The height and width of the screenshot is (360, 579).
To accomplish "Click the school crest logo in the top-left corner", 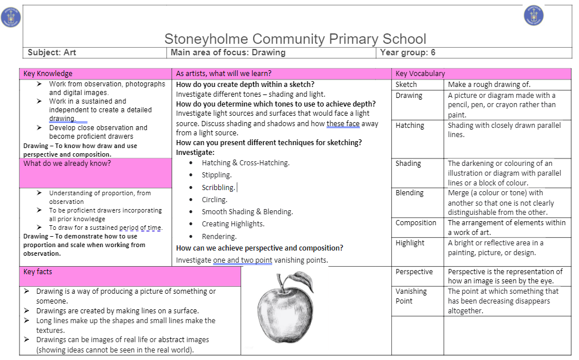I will pyautogui.click(x=12, y=18).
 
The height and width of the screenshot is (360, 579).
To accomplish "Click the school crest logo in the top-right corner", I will pyautogui.click(x=534, y=16).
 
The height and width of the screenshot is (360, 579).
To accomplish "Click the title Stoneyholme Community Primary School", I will pyautogui.click(x=295, y=39).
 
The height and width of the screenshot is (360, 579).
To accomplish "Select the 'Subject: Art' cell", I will pyautogui.click(x=52, y=52).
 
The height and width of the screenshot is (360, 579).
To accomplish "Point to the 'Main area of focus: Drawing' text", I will pyautogui.click(x=228, y=52).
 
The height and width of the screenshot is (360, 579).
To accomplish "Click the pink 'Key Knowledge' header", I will pyautogui.click(x=48, y=74).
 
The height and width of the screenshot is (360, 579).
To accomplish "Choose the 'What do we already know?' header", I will pyautogui.click(x=67, y=164).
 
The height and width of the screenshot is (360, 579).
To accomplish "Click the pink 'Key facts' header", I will pyautogui.click(x=38, y=272).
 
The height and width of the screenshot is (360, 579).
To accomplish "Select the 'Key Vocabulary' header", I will pyautogui.click(x=420, y=74).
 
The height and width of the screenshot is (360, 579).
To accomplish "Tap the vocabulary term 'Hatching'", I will pyautogui.click(x=410, y=126).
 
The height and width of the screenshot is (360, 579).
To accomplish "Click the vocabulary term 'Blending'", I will pyautogui.click(x=410, y=194).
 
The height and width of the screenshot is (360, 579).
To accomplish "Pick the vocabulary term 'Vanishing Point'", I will pyautogui.click(x=411, y=296).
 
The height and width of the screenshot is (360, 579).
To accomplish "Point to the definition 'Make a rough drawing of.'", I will pyautogui.click(x=489, y=85).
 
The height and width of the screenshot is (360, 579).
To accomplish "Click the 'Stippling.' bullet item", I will pyautogui.click(x=216, y=175).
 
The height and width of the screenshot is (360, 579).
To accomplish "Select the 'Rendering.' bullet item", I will pyautogui.click(x=219, y=237).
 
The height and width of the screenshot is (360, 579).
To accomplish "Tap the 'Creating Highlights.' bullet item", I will pyautogui.click(x=233, y=224).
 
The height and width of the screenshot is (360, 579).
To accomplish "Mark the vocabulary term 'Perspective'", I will pyautogui.click(x=414, y=272).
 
